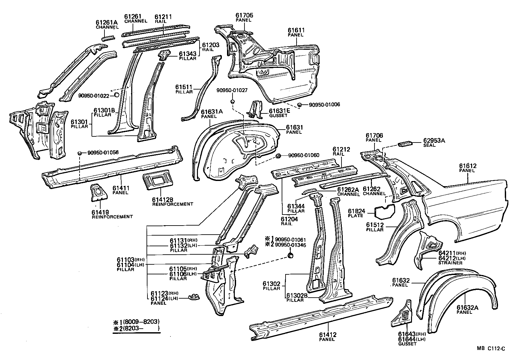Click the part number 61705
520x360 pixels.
pos(244,15)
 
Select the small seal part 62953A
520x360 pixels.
pos(406,143)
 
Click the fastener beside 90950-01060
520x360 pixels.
pos(278,156)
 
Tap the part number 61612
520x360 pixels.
pos(468,166)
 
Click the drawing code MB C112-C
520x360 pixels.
pos(491,348)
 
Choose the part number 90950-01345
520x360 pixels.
pos(290,244)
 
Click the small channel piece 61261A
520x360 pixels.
pos(108,38)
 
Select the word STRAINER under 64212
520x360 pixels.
pos(450,263)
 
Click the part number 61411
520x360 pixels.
pos(121,188)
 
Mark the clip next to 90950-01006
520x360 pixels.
pos(300,105)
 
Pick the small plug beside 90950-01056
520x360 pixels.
pos(79,153)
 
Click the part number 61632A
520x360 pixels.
pos(467,308)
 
